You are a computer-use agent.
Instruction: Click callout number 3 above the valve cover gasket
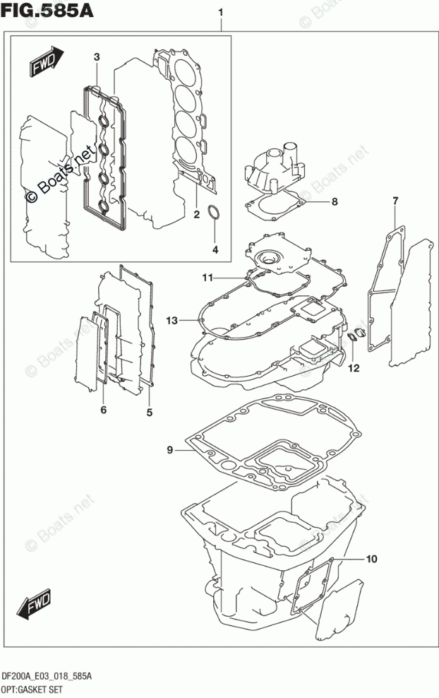pyautogui.click(x=97, y=57)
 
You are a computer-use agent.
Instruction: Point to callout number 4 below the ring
pyautogui.click(x=216, y=249)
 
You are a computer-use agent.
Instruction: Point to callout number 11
pyautogui.click(x=208, y=276)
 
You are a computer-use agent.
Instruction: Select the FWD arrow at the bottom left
pyautogui.click(x=32, y=605)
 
